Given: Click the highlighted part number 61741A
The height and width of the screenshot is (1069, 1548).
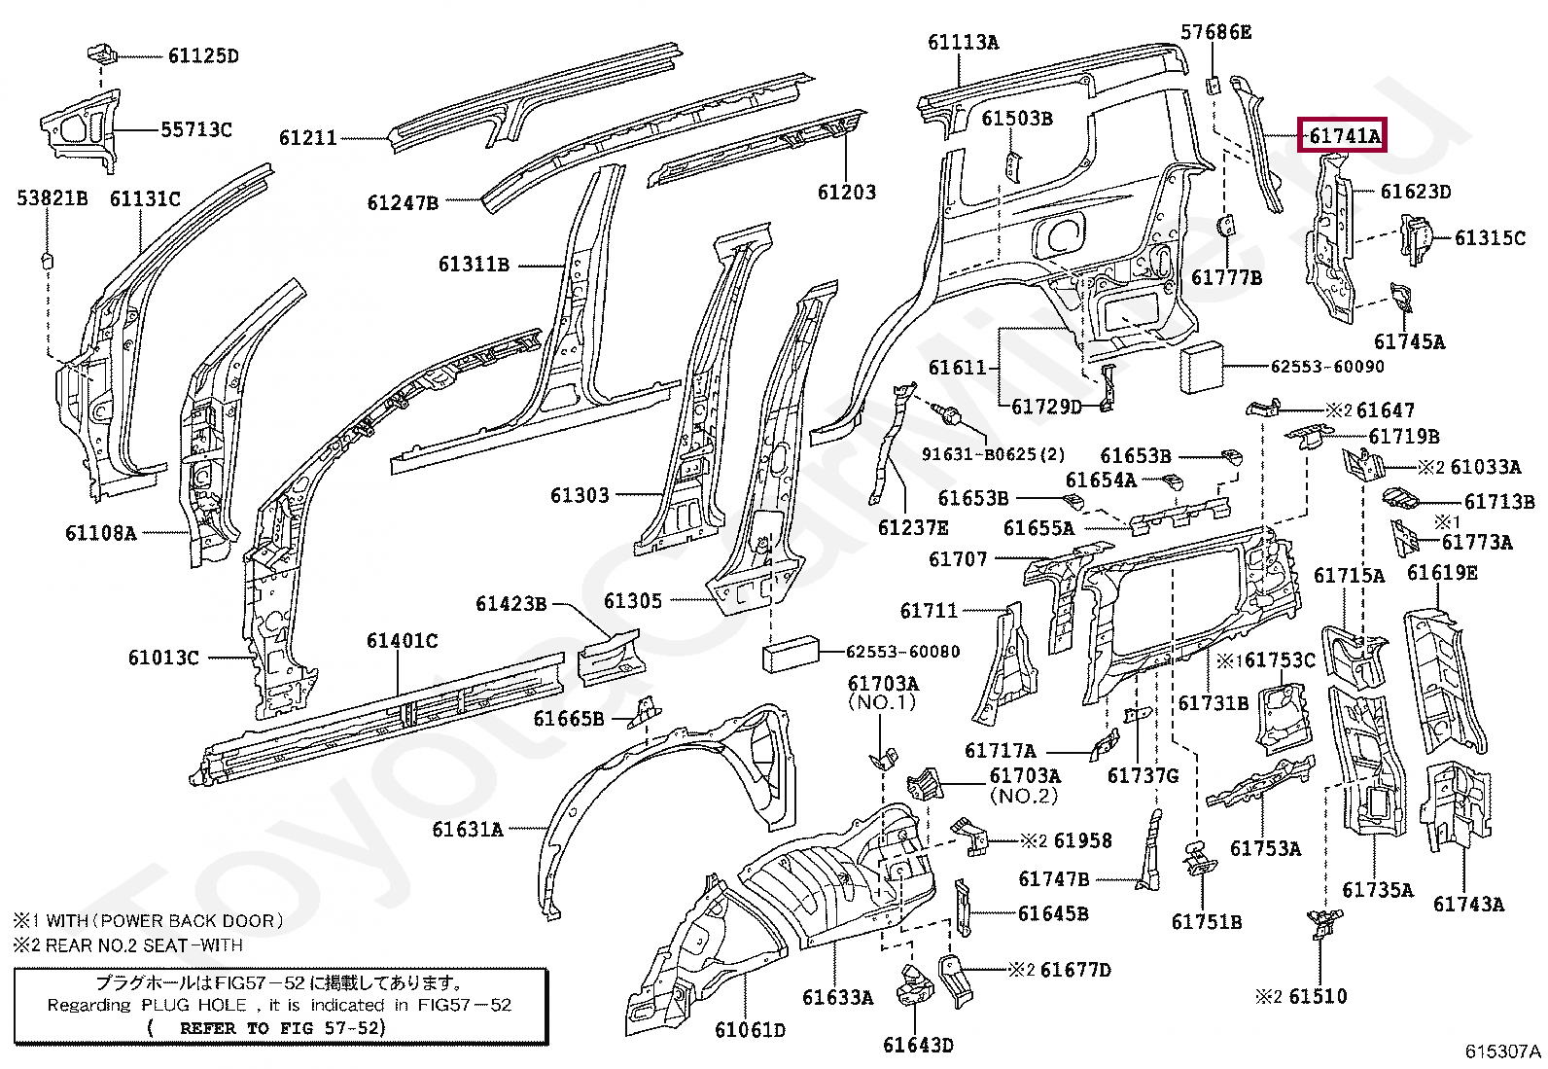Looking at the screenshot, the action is coord(1344,135).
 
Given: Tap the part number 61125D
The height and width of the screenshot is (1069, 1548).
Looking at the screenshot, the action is coord(203,55).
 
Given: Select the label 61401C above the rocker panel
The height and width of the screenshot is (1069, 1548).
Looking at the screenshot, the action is coord(402,640).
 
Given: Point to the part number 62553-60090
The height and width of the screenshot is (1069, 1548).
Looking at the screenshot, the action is coord(1327,366).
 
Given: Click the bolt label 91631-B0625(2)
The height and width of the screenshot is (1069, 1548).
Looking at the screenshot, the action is coord(993,454).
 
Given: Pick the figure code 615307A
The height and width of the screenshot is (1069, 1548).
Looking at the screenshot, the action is coord(1502,1051).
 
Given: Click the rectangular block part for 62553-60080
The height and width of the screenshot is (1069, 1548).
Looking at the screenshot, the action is coord(790,654).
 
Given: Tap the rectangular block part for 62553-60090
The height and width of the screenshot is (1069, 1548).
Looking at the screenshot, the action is coord(1201,367).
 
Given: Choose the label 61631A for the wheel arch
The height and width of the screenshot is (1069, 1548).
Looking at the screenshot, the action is coord(467,829).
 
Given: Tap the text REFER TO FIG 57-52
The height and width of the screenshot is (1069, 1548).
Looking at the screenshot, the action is coord(280,1027).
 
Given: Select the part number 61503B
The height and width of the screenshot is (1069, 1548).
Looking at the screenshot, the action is coord(1016,119).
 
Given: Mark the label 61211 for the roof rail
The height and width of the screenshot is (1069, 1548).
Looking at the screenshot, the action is coord(307,137).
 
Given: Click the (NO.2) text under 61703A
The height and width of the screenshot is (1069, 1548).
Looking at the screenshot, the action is coord(1024,796).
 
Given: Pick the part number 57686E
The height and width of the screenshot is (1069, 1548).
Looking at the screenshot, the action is coord(1215,32).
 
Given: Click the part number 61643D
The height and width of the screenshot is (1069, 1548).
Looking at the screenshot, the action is coord(918,1045).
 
